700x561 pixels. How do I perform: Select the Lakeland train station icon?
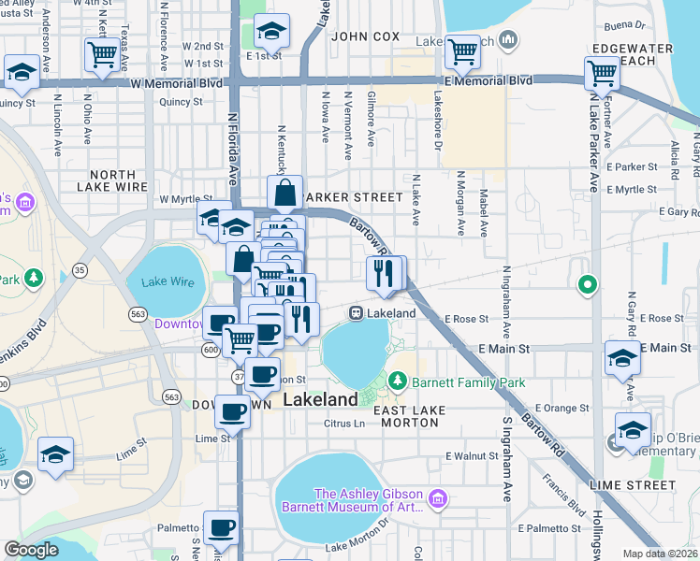[357, 312]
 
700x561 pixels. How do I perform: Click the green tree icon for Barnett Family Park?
[398, 381]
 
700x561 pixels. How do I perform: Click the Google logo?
[31, 550]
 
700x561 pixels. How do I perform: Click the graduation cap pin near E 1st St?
[271, 34]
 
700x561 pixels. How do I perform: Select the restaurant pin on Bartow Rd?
[385, 273]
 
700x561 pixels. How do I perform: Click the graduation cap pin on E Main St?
[622, 358]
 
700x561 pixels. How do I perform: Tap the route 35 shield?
[80, 270]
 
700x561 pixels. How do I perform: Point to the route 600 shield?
[210, 349]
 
